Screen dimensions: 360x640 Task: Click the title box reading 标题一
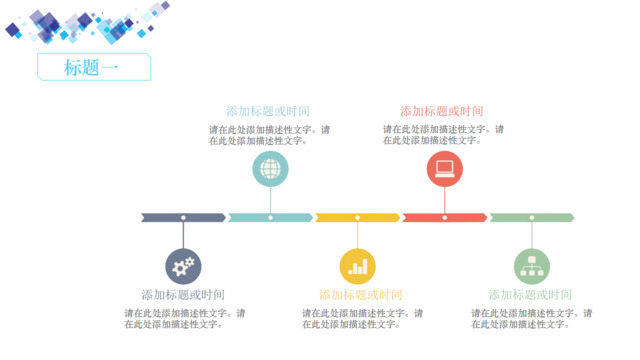pyautogui.click(x=93, y=67)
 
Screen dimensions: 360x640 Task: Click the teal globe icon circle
pyautogui.click(x=270, y=169)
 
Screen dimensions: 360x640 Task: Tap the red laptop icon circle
pyautogui.click(x=445, y=169)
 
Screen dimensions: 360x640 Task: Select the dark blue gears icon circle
pyautogui.click(x=183, y=266)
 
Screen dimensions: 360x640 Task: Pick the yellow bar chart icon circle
pyautogui.click(x=358, y=266)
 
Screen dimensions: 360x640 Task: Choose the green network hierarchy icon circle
pyautogui.click(x=532, y=266)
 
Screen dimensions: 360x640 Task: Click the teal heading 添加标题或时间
pyautogui.click(x=268, y=111)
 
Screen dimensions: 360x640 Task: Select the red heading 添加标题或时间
pyautogui.click(x=442, y=111)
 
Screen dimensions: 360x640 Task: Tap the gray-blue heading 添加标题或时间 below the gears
pyautogui.click(x=183, y=295)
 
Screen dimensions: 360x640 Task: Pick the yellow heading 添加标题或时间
pyautogui.click(x=361, y=295)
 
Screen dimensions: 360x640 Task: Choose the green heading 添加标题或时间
pyautogui.click(x=530, y=295)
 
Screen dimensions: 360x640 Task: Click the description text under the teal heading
pyautogui.click(x=269, y=135)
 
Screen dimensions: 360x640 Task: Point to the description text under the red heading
pyautogui.click(x=443, y=135)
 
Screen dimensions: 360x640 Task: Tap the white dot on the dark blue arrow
pyautogui.click(x=183, y=217)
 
